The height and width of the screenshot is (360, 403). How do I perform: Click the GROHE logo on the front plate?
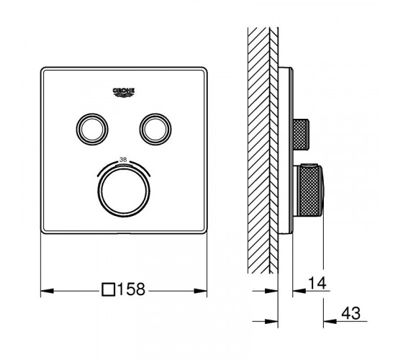coord(124,93)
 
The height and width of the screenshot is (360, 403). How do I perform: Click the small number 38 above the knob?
coord(123,160)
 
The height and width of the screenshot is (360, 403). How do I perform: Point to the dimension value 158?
coord(132,289)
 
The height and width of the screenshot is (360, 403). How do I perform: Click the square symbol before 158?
coord(108,289)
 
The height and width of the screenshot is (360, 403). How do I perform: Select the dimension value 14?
coord(317,283)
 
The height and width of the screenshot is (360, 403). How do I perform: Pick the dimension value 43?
coord(351,313)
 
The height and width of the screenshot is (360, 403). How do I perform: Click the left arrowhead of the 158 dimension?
coord(47,291)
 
